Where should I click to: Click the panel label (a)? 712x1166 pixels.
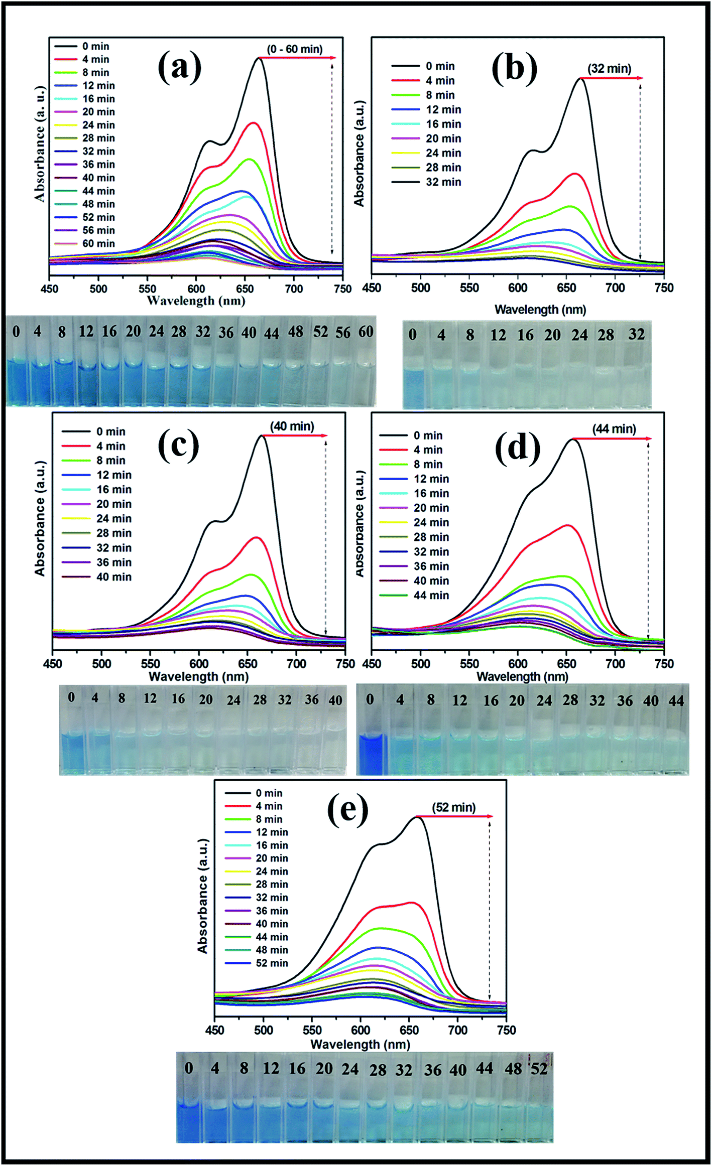click(179, 68)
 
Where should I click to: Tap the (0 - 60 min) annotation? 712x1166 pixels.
click(295, 49)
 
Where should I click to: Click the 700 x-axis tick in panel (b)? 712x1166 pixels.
click(615, 288)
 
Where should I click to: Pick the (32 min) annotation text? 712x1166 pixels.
click(610, 68)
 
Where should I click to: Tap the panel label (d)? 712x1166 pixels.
click(517, 448)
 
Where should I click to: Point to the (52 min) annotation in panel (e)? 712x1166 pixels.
click(453, 807)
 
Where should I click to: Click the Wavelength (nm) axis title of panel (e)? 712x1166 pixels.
click(360, 1044)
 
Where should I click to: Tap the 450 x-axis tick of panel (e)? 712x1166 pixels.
click(215, 1030)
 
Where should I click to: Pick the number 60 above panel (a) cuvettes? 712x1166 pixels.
click(366, 332)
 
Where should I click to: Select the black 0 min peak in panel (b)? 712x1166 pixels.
click(581, 79)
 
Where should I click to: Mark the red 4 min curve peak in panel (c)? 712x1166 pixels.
click(257, 537)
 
